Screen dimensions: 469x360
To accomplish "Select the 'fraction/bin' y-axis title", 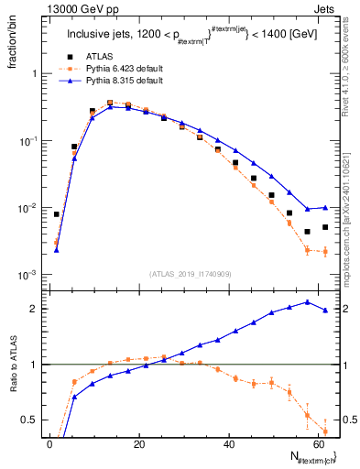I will pos(12,41).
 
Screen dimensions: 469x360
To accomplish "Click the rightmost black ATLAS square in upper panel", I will pos(325,227).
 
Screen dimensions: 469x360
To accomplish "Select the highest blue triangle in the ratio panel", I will pos(307,301).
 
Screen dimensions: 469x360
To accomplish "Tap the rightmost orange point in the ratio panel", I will pos(325,431).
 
